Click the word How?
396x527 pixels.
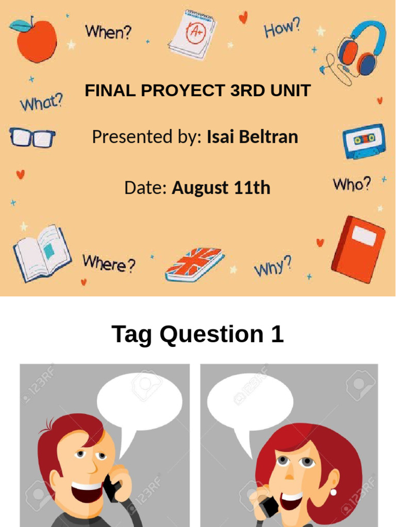click(x=282, y=28)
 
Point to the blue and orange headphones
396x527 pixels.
click(x=360, y=49)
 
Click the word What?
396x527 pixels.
click(x=41, y=102)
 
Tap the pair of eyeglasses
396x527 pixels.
click(x=32, y=138)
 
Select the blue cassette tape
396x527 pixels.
click(x=364, y=140)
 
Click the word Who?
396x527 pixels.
click(x=352, y=184)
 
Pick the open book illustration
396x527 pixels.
click(x=42, y=252)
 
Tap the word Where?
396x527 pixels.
click(x=109, y=263)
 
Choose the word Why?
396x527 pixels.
click(x=273, y=267)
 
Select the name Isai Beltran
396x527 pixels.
click(x=252, y=137)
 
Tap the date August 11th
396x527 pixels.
click(x=221, y=188)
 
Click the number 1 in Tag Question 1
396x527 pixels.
click(x=276, y=334)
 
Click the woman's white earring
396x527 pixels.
click(x=333, y=492)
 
